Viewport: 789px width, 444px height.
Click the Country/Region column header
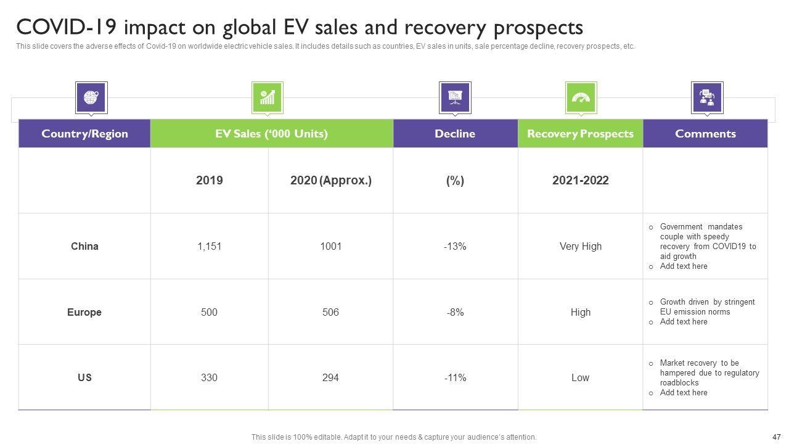(x=84, y=134)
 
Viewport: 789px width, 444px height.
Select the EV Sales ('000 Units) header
(x=271, y=134)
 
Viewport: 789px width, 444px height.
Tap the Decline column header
(x=455, y=134)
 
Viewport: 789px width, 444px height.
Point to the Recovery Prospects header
(x=580, y=134)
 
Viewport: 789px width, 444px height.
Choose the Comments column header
(x=705, y=134)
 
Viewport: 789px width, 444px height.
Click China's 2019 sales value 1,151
(x=209, y=247)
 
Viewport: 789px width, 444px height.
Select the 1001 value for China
(x=330, y=247)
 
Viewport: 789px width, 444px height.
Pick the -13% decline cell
(x=455, y=247)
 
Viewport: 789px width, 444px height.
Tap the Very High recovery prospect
(x=580, y=247)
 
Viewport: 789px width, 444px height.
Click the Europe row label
(x=84, y=312)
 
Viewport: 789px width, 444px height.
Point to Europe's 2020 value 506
(x=330, y=312)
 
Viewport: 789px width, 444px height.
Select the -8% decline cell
(x=455, y=312)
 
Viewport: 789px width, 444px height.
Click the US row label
(x=84, y=377)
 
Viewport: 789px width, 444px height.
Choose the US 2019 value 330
(x=209, y=377)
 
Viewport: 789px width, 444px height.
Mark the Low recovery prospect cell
(x=580, y=377)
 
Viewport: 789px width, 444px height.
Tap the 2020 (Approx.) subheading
(x=330, y=181)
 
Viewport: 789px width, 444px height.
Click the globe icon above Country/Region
(x=91, y=97)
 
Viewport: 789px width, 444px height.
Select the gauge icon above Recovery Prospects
(x=581, y=97)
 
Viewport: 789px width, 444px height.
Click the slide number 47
(x=776, y=437)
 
